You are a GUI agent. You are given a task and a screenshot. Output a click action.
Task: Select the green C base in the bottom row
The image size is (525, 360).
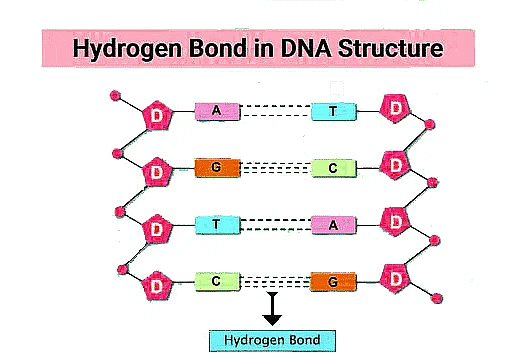217,281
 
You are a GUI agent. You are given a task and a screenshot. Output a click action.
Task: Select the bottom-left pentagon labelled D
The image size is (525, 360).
156,285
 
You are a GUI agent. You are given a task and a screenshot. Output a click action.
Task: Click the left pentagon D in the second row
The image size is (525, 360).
156,172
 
